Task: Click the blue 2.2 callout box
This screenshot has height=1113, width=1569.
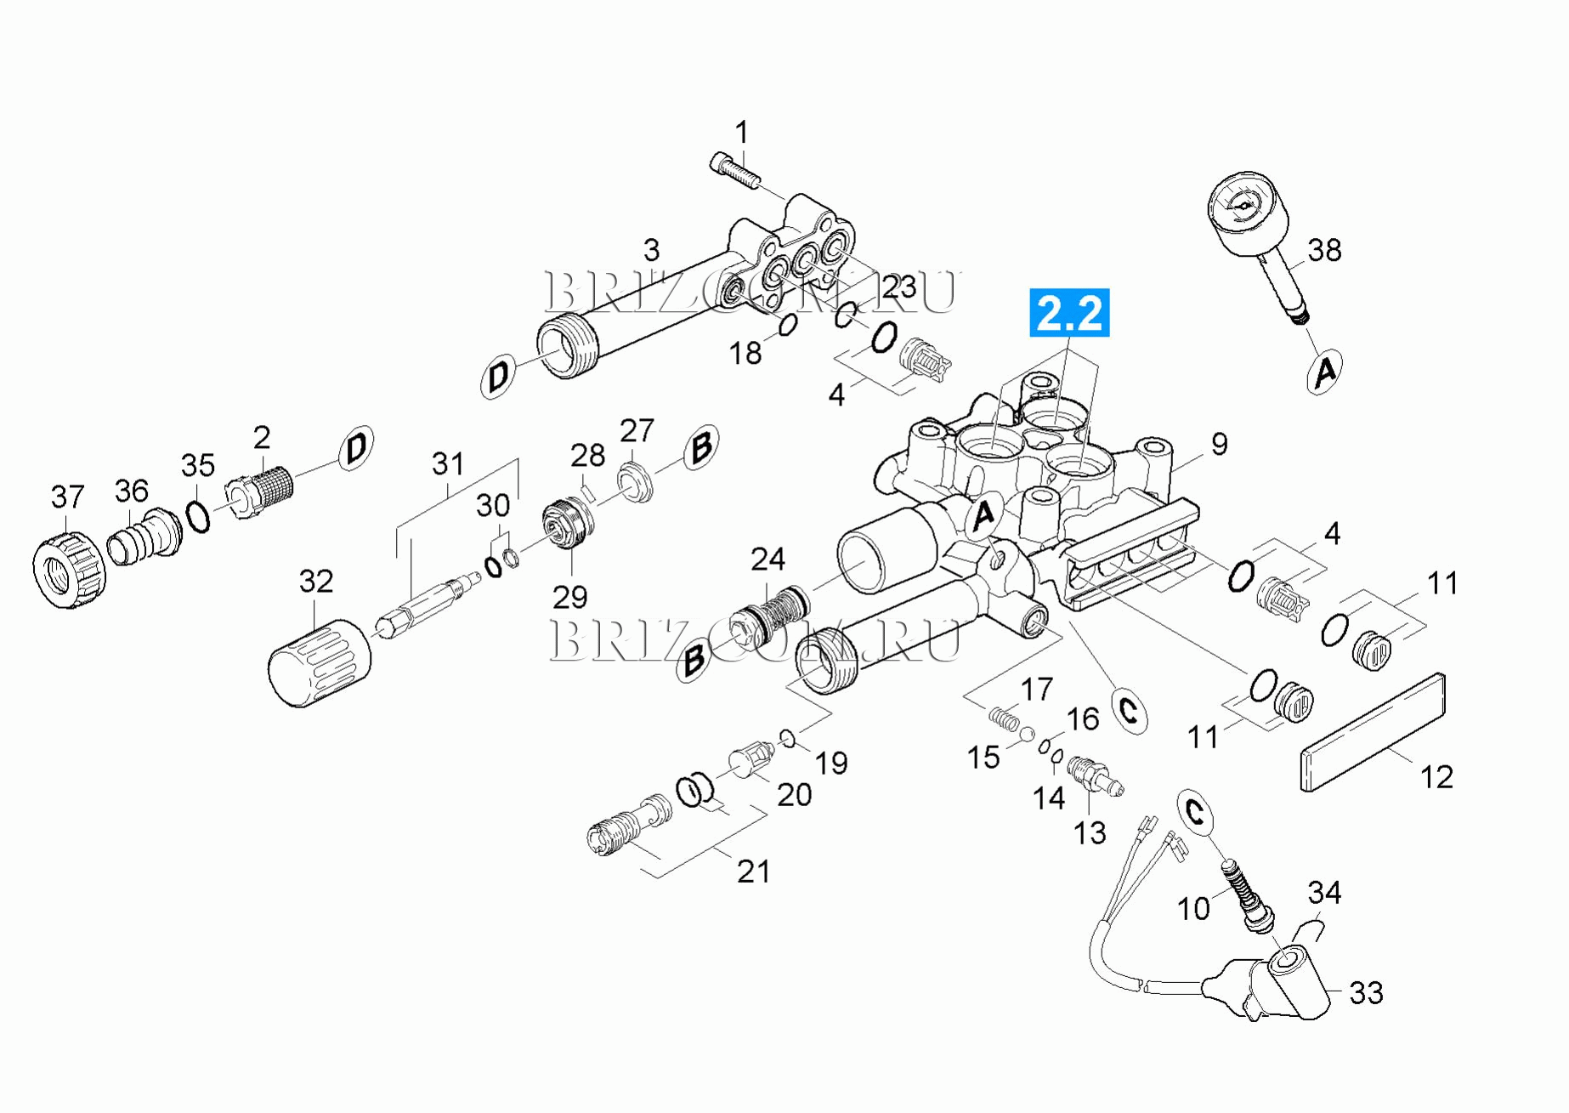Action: [1069, 312]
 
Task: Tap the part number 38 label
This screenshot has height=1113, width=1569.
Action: [1324, 250]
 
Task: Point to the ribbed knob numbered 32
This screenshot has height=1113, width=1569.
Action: [320, 663]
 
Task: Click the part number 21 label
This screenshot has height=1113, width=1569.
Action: [753, 872]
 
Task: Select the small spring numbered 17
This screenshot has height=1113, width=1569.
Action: [1005, 719]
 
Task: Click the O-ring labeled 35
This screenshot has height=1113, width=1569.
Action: [198, 516]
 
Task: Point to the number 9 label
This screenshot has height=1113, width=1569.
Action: [1219, 444]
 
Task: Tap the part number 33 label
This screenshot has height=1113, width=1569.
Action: [1366, 992]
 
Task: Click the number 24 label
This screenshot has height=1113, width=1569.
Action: [768, 559]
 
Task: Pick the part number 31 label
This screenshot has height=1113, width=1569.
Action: [448, 464]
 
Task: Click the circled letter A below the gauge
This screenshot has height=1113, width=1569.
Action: [1324, 372]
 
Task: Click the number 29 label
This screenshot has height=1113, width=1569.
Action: [569, 597]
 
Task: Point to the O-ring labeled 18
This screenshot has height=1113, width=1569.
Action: [788, 325]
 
